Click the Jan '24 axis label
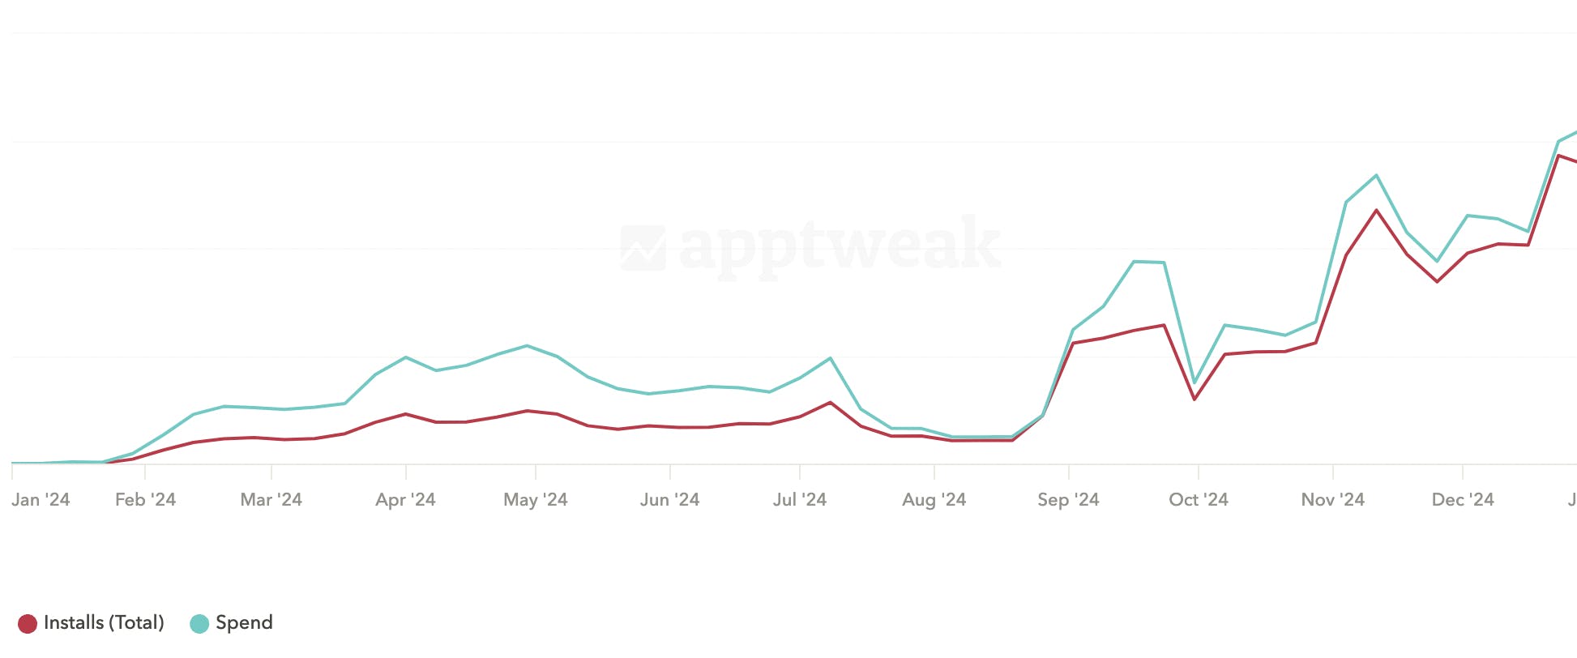point(41,500)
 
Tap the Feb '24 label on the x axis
point(145,500)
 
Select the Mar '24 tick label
point(271,500)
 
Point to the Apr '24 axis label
point(405,500)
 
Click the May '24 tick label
point(535,500)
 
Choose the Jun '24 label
point(669,500)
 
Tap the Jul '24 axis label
point(799,500)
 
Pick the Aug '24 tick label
point(934,500)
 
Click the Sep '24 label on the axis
point(1068,500)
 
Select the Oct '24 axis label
point(1198,500)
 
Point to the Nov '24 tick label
point(1332,500)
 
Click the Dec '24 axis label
point(1462,500)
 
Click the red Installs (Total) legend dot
point(28,623)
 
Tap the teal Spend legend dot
point(199,623)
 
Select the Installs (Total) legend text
point(104,622)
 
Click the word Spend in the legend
point(244,622)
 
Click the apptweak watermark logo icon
point(643,247)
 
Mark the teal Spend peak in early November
point(1376,175)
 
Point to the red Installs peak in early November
point(1376,211)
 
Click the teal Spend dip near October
point(1195,382)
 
